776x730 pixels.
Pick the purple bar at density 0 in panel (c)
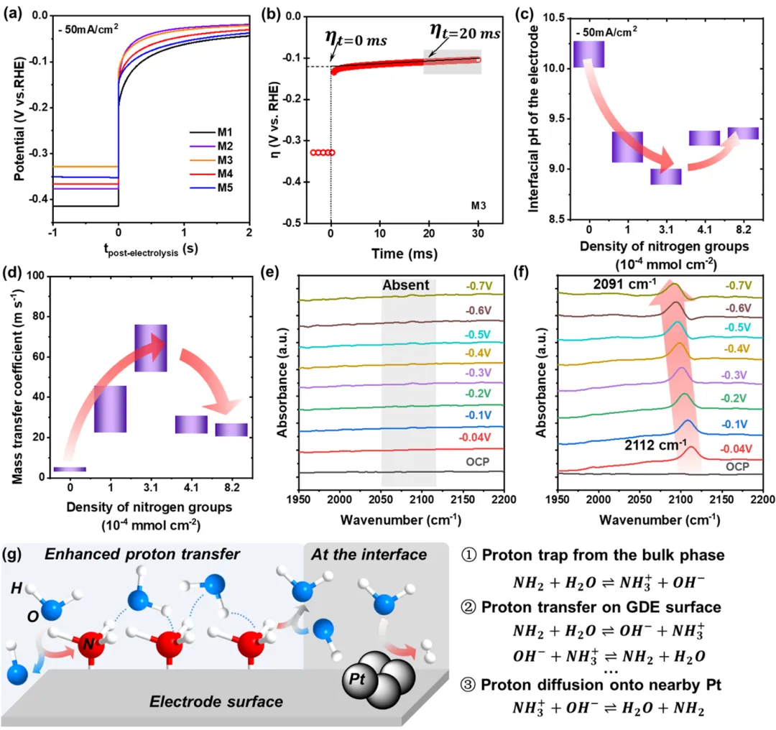588,55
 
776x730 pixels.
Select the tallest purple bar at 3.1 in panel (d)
151,348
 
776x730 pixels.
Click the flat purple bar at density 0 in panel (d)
70,469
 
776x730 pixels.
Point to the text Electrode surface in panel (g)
216,699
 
